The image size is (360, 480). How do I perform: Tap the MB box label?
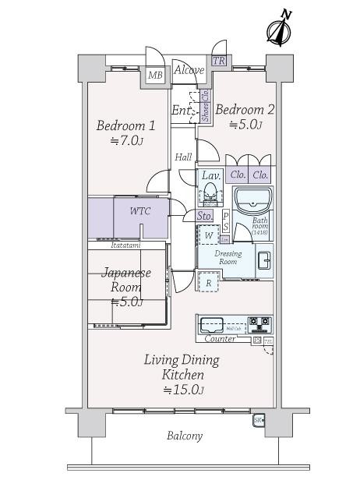156,76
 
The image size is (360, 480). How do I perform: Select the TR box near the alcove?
219,61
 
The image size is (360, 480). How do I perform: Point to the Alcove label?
189,71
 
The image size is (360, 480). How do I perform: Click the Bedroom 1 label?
126,132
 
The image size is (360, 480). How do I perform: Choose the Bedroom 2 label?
245,116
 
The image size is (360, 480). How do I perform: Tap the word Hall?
183,157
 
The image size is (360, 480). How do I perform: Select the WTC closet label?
140,211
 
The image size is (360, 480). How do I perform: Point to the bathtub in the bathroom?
252,202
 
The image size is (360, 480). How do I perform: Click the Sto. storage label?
205,216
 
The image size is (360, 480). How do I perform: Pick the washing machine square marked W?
209,235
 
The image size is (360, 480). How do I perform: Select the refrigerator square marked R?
209,282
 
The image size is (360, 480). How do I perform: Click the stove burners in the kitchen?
259,322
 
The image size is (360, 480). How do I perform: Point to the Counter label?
221,339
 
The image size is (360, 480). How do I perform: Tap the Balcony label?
184,436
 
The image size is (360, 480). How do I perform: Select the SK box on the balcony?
258,422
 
